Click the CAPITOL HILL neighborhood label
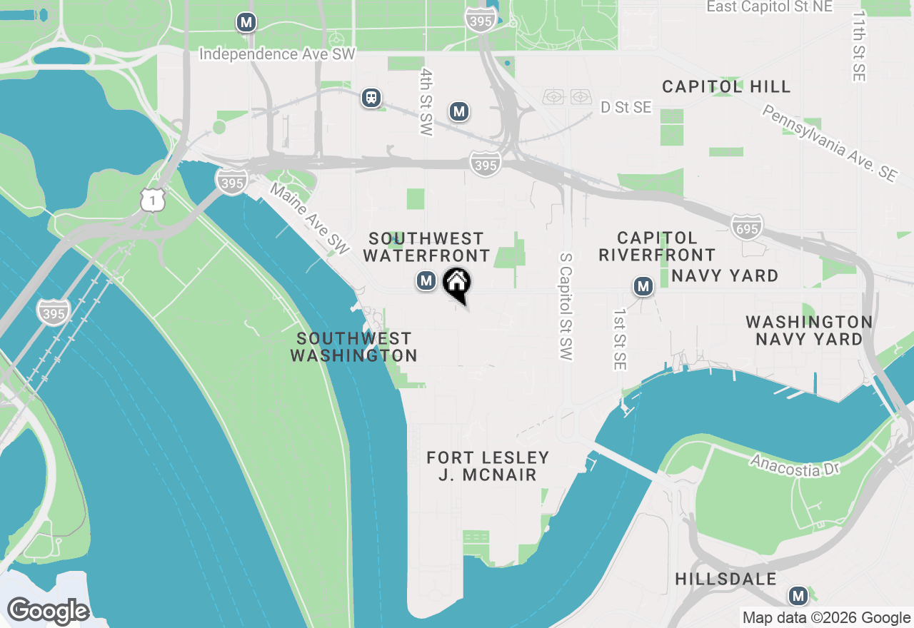[726, 87]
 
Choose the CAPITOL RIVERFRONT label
[657, 246]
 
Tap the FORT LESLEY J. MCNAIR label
[488, 466]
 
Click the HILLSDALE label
[725, 579]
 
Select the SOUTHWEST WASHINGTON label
[354, 347]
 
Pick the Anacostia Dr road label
[795, 465]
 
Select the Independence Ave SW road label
[276, 54]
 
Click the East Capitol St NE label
[769, 7]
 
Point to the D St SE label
[626, 108]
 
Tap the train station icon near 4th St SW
[371, 98]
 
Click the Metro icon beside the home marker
[426, 281]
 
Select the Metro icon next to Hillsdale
[798, 596]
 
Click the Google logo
[48, 612]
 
